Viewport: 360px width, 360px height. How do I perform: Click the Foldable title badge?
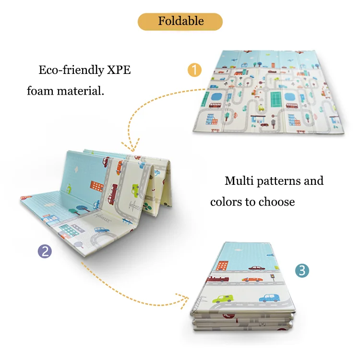point(180,22)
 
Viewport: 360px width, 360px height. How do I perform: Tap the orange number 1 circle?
point(194,70)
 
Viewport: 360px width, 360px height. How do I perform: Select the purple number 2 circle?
point(45,251)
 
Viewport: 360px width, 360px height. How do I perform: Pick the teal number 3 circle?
point(301,270)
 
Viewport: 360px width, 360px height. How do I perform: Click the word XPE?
point(118,70)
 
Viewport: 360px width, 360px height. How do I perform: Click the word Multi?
point(239,181)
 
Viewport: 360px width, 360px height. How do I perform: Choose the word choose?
point(276,202)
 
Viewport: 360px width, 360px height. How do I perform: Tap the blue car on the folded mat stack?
point(269,298)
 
